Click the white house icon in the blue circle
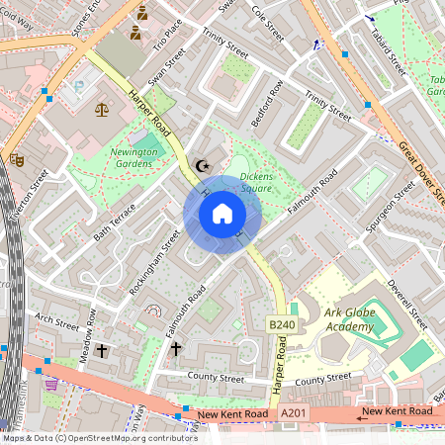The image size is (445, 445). pyautogui.click(x=222, y=214)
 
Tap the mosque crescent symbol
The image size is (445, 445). pyautogui.click(x=205, y=166)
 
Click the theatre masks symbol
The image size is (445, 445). pyautogui.click(x=16, y=158)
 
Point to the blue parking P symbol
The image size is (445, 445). pyautogui.click(x=78, y=88)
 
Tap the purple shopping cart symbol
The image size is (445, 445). pyautogui.click(x=50, y=385)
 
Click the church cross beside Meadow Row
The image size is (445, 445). pyautogui.click(x=102, y=351)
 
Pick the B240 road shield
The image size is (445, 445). pyautogui.click(x=282, y=322)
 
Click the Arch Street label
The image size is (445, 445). pyautogui.click(x=56, y=320)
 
